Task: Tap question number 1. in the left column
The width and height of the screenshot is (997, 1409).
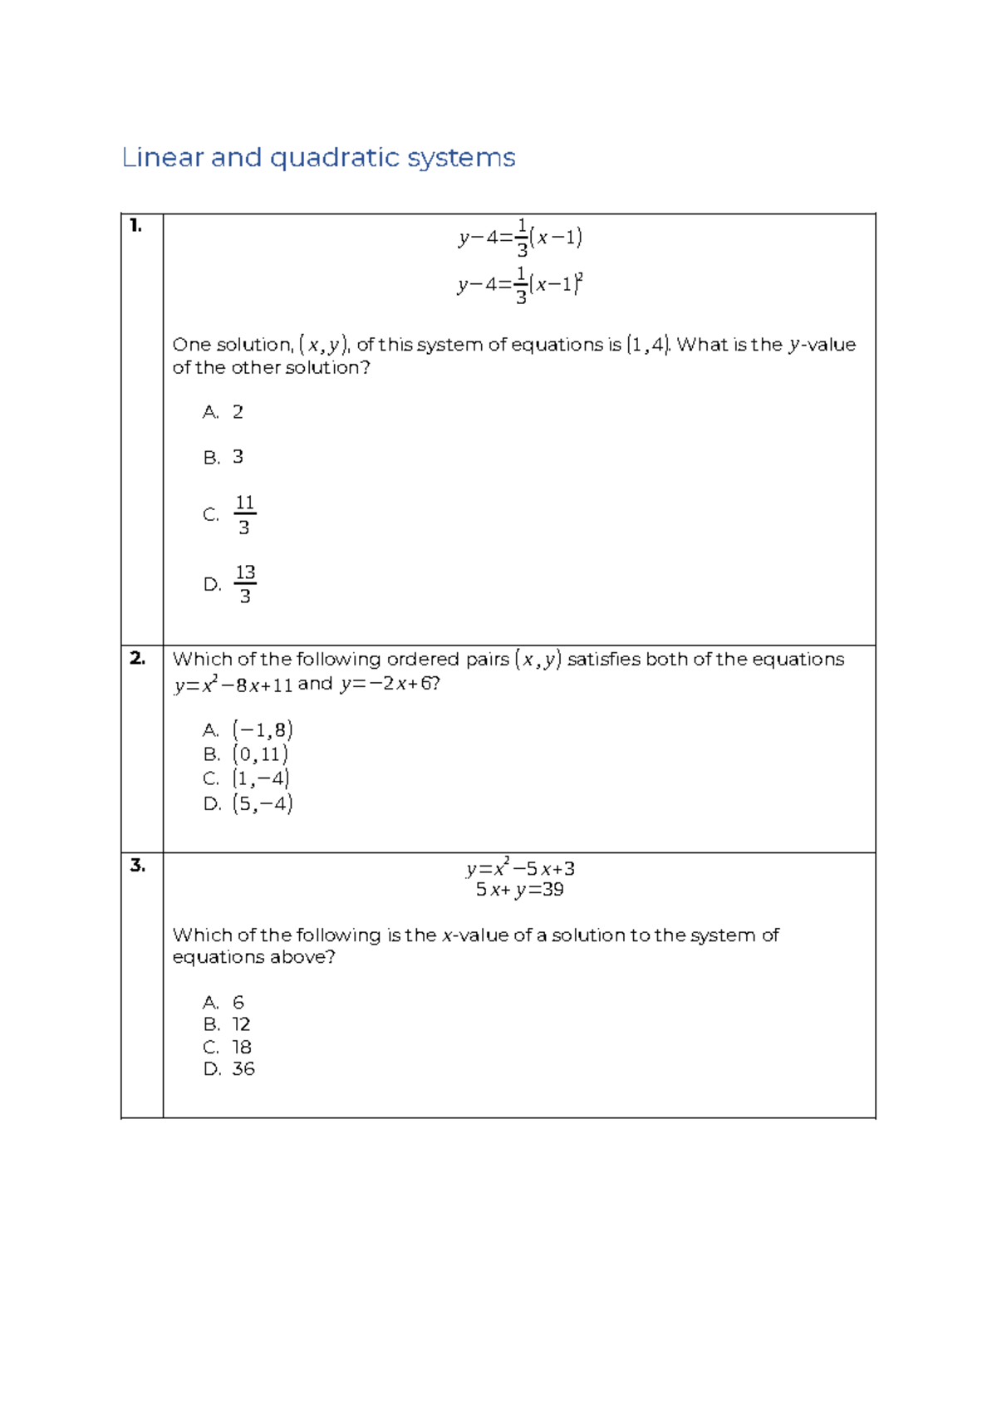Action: (136, 225)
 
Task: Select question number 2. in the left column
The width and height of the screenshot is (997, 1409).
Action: (137, 658)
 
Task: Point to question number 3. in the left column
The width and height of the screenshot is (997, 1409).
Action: (138, 866)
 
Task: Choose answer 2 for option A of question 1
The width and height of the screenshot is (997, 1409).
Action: (238, 412)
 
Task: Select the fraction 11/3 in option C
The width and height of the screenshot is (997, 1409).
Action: (244, 515)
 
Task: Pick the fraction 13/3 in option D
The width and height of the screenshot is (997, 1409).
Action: (245, 584)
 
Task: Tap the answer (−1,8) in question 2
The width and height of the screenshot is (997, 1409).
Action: (263, 730)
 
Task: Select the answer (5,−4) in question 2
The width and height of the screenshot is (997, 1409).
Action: (263, 803)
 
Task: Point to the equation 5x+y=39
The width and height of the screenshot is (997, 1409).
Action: (520, 890)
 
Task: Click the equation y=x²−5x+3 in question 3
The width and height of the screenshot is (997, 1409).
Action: (520, 869)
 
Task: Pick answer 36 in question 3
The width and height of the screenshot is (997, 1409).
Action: (243, 1069)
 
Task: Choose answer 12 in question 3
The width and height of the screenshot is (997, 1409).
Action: (241, 1024)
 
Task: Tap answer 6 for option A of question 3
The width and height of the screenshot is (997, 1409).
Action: (238, 1002)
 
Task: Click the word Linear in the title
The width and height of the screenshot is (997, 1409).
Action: (163, 158)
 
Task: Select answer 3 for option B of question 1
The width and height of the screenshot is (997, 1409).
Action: (238, 457)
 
